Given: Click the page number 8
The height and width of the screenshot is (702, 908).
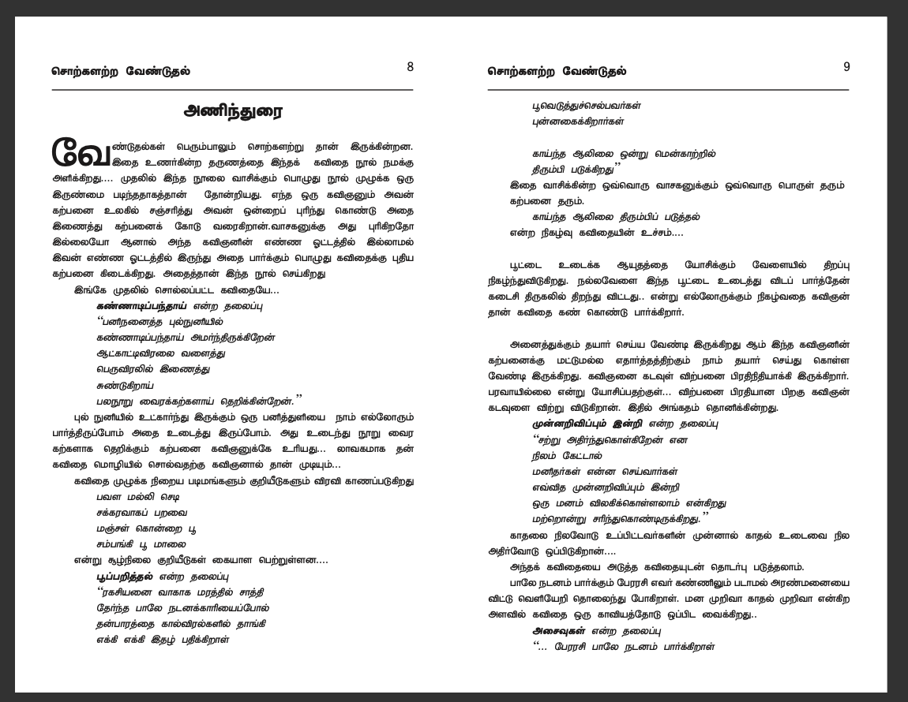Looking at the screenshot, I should click(x=410, y=67).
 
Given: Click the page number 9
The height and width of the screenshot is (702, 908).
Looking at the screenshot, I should click(x=846, y=67).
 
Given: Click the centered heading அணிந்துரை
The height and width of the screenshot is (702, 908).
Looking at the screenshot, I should click(x=232, y=111).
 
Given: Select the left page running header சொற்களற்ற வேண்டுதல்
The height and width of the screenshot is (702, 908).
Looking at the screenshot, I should click(x=121, y=71).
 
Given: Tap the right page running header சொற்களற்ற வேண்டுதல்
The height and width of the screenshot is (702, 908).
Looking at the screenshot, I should click(x=557, y=71).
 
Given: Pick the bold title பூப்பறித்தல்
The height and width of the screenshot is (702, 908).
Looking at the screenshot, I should click(x=125, y=576).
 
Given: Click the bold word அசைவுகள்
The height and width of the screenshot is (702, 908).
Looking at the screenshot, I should click(x=558, y=630).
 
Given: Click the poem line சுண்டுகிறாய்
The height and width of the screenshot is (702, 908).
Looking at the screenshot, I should click(x=125, y=385).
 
